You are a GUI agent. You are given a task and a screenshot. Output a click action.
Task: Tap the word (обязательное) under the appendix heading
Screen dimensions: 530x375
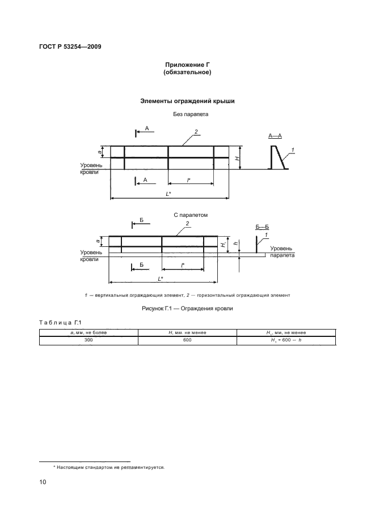point(187,72)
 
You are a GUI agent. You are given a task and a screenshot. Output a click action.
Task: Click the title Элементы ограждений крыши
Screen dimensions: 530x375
point(187,101)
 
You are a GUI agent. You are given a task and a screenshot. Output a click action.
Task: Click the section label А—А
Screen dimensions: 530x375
point(275,136)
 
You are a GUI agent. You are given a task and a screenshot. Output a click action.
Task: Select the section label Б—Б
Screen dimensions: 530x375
point(262,226)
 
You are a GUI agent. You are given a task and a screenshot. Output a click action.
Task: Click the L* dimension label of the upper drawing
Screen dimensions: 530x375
point(168,194)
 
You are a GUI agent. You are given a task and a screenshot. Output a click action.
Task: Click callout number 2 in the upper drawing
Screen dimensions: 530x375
point(195,132)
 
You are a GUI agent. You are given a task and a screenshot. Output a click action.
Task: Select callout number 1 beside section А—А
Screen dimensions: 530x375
point(293,149)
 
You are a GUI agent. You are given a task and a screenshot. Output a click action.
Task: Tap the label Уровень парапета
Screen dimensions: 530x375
point(281,252)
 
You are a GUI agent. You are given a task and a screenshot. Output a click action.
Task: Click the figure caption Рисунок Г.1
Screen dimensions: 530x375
point(187,309)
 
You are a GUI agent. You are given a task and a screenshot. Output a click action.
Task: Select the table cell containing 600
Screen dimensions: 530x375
point(187,340)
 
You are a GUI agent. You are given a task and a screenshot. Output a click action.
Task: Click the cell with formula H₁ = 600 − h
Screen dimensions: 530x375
point(285,340)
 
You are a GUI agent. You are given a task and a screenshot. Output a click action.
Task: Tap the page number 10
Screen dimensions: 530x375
point(43,482)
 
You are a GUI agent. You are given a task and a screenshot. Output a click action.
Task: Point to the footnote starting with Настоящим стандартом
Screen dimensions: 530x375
point(108,468)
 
